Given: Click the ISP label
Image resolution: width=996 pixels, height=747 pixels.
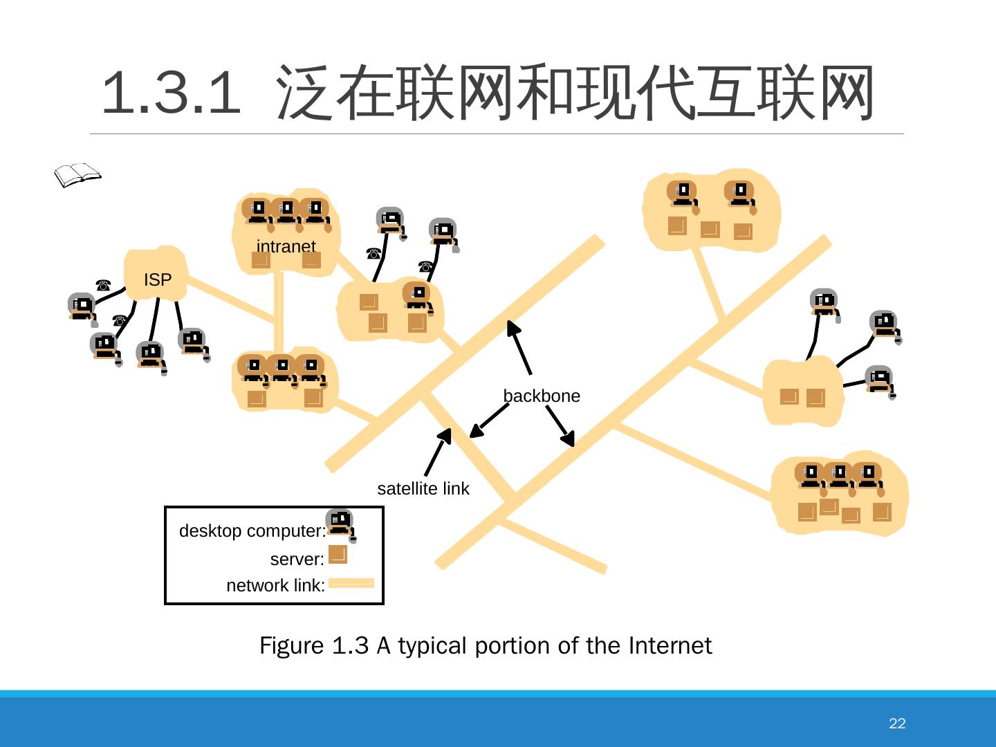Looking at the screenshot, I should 157,279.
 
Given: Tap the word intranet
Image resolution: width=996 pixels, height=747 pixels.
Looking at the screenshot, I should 286,246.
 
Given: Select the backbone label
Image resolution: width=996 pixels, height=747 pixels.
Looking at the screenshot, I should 542,396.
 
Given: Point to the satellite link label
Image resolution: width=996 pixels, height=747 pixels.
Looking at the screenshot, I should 423,488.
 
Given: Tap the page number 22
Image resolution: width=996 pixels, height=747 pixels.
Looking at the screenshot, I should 896,723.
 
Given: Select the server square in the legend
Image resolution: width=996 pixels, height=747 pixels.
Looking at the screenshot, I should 338,555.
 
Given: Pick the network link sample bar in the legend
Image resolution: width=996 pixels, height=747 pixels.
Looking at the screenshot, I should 351,584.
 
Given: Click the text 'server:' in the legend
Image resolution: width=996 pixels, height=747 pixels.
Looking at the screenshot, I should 297,559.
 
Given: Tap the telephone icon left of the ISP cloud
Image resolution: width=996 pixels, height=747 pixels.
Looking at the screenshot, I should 103,284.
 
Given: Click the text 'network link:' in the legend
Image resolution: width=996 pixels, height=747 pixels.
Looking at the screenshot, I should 275,586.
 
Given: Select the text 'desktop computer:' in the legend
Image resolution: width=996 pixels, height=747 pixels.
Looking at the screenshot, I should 252,531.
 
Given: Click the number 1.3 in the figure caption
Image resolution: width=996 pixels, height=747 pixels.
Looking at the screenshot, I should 350,645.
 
